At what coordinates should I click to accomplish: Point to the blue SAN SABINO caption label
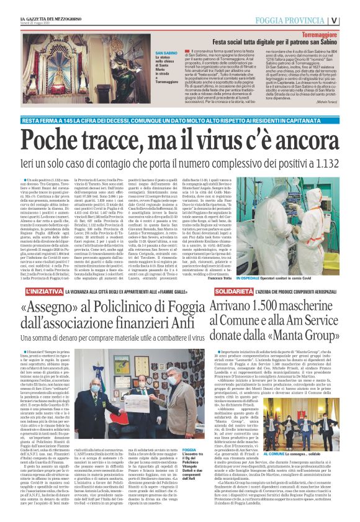[x=149, y=54]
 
